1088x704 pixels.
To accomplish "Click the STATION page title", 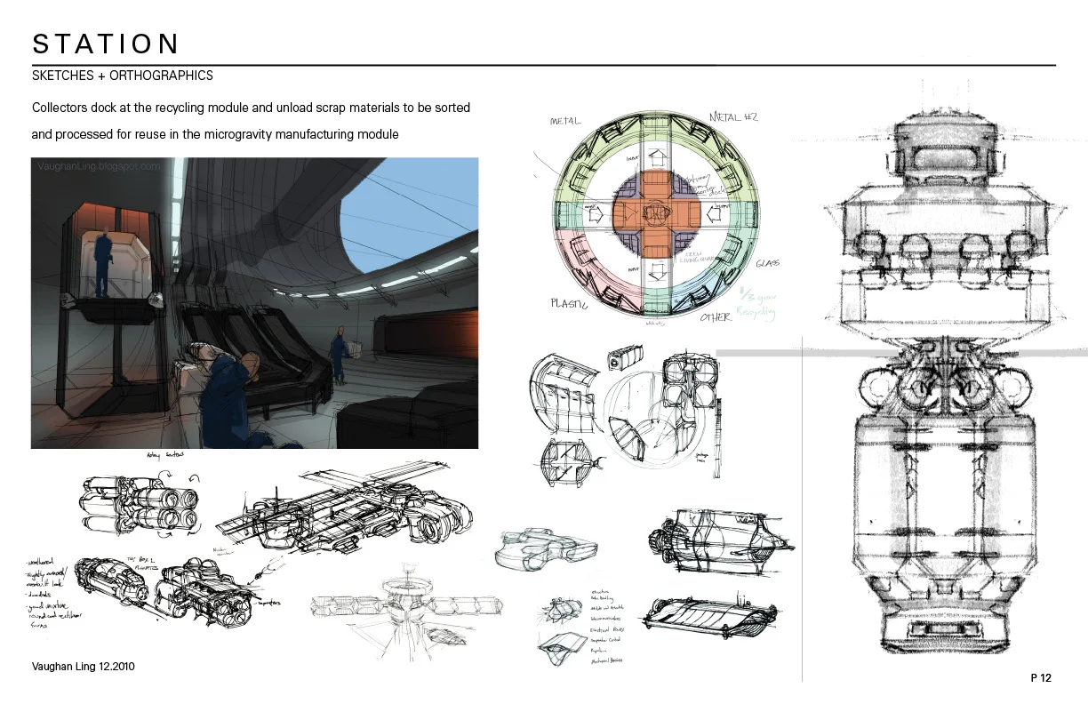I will click(106, 44).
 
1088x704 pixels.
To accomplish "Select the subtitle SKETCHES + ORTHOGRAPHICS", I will click(123, 76).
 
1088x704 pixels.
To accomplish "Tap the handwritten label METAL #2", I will click(733, 116).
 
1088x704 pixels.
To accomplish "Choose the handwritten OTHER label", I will click(715, 316).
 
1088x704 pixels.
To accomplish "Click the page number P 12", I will click(1041, 678).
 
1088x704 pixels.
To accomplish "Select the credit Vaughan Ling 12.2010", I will click(83, 666).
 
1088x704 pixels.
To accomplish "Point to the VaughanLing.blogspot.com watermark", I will click(100, 165).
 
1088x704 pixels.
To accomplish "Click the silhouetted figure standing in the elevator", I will click(105, 264).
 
